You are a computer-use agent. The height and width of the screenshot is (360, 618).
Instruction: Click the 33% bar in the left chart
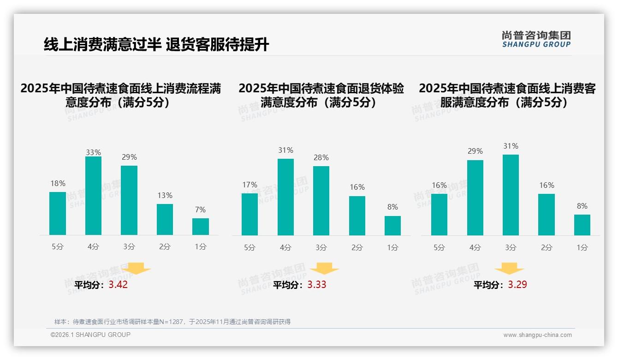coord(93,196)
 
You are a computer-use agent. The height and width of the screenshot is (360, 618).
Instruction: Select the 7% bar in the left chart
coord(201,227)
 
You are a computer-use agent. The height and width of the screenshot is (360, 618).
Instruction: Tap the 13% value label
coord(165,196)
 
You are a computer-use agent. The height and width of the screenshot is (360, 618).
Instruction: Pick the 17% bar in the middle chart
coord(250,214)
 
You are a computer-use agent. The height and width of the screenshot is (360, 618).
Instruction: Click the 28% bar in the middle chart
coord(321,201)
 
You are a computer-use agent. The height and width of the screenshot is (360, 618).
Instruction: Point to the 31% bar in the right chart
coord(511,195)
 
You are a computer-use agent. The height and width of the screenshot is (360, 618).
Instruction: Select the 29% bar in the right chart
coord(475,198)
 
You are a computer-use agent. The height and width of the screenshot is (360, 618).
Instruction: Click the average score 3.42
coord(118,285)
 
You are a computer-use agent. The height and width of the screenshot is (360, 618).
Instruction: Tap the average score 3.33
coord(317,285)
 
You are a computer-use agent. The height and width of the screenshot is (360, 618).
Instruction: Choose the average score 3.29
coord(517,285)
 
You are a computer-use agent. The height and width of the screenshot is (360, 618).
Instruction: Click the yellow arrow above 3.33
coord(324,269)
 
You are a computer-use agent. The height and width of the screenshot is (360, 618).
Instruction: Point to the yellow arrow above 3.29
coord(509,269)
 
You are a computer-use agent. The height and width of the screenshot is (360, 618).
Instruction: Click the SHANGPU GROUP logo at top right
coord(536,39)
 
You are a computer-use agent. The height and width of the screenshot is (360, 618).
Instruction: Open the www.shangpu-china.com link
coord(537,335)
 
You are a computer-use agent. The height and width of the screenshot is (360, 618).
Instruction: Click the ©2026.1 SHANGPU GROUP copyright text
coord(90,335)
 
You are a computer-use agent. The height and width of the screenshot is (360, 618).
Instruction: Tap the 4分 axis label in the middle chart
coord(285,248)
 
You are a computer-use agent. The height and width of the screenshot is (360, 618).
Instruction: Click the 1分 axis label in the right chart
coord(582,248)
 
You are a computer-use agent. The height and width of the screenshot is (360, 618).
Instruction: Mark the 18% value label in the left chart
coord(58,183)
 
